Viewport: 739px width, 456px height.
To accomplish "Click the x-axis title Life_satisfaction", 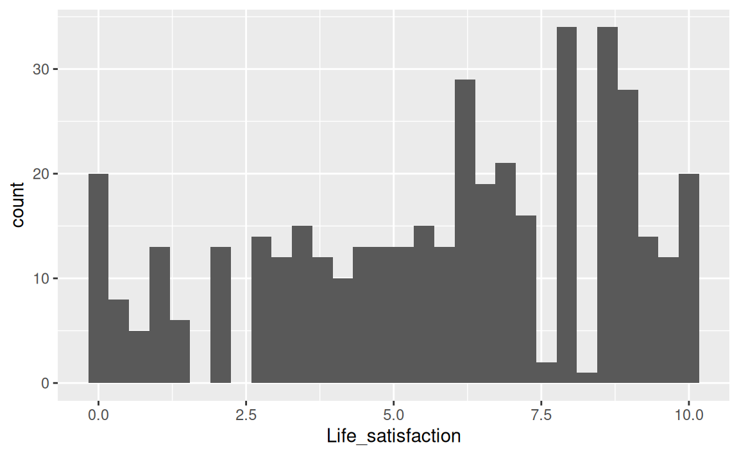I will [x=394, y=437].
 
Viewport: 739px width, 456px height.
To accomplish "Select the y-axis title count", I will [x=18, y=204].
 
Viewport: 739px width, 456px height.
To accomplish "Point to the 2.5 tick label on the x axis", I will [x=246, y=415].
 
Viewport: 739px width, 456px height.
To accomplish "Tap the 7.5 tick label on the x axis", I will [x=541, y=415].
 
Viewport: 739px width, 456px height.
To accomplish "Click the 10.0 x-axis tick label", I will [x=689, y=415].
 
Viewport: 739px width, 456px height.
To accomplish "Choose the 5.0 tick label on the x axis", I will [x=393, y=415].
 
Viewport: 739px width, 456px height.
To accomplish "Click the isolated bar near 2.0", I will [x=221, y=315].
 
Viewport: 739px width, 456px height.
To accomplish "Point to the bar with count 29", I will [x=465, y=232].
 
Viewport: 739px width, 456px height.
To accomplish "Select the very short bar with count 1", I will [x=587, y=378].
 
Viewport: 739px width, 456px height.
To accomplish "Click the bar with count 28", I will [x=628, y=237].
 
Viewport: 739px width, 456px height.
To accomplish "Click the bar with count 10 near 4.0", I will [x=343, y=331].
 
